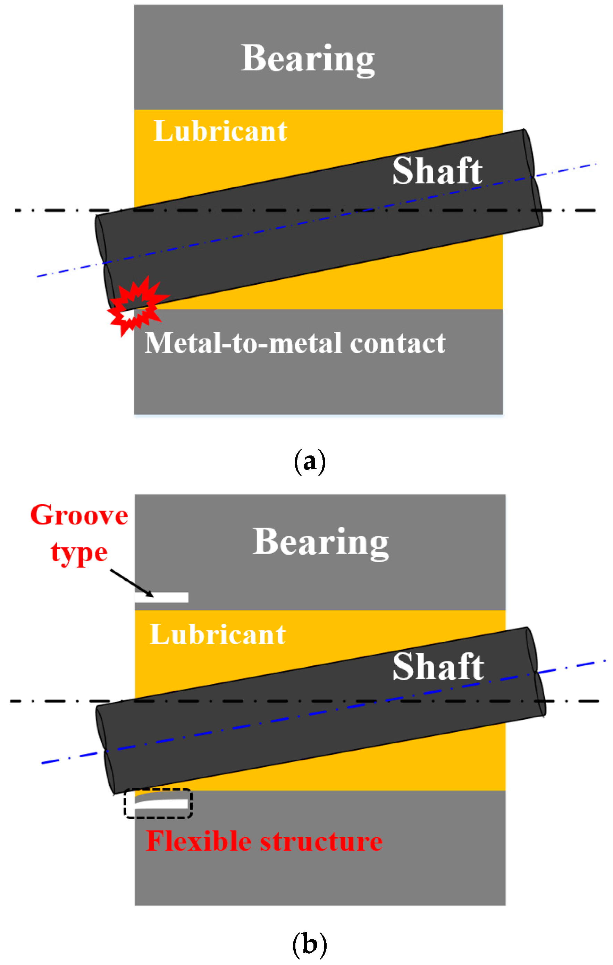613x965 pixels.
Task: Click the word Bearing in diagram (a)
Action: (x=308, y=59)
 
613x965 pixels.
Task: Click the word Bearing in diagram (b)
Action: (x=320, y=542)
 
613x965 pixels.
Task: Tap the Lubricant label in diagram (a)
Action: (x=220, y=131)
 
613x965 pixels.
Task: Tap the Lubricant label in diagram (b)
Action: (x=218, y=634)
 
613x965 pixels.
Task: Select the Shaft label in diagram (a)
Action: (x=437, y=171)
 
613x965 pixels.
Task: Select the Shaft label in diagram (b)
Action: (x=438, y=666)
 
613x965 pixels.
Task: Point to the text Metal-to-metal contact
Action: (x=295, y=343)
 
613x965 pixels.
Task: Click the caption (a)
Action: (x=310, y=462)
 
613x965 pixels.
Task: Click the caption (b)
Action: (x=310, y=945)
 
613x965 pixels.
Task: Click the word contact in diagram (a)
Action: (x=397, y=343)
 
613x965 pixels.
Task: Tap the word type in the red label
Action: (x=79, y=553)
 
